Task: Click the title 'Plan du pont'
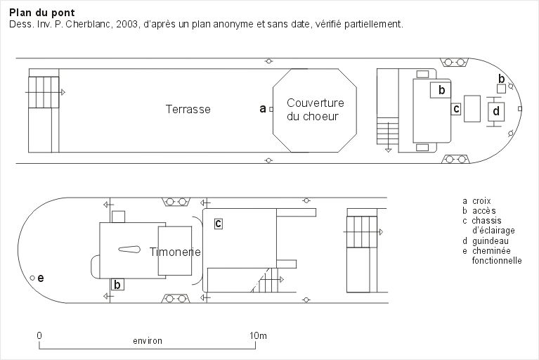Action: click(x=42, y=13)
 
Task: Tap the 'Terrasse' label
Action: click(x=188, y=110)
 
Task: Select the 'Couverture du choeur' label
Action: click(x=315, y=110)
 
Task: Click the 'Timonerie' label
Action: click(x=175, y=252)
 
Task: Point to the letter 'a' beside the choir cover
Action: click(x=263, y=109)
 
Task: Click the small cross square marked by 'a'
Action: click(x=271, y=110)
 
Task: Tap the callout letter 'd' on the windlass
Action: click(x=496, y=110)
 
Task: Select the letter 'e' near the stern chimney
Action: click(x=41, y=278)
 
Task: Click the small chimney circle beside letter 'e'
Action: click(x=32, y=278)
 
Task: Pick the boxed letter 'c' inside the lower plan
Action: click(x=219, y=224)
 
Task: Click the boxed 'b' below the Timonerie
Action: click(x=117, y=285)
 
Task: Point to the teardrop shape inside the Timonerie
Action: click(x=129, y=250)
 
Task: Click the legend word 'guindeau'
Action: click(x=491, y=240)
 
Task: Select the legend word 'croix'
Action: click(x=481, y=201)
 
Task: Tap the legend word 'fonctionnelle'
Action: click(x=497, y=260)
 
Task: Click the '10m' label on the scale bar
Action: click(x=258, y=335)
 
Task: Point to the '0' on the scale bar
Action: click(x=39, y=335)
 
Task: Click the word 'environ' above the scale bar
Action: click(x=148, y=341)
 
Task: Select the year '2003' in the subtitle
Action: click(x=126, y=25)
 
